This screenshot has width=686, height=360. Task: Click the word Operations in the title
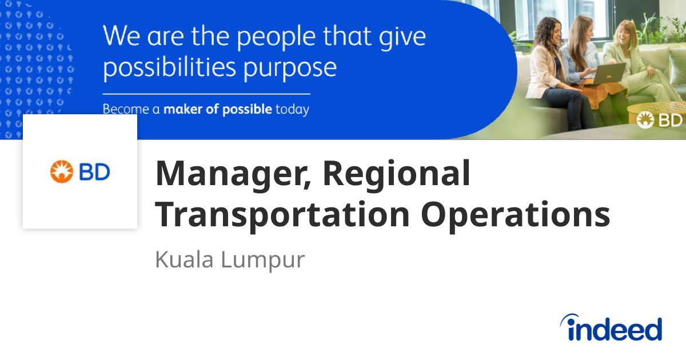pyautogui.click(x=516, y=215)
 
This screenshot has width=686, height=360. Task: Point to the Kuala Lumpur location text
pyautogui.click(x=230, y=259)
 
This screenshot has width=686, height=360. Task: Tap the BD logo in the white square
pyautogui.click(x=80, y=171)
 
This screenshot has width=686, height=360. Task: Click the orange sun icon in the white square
pyautogui.click(x=59, y=171)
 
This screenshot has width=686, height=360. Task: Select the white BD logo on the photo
pyautogui.click(x=660, y=120)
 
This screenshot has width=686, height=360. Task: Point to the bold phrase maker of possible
pyautogui.click(x=217, y=109)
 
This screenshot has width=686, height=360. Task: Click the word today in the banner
pyautogui.click(x=292, y=109)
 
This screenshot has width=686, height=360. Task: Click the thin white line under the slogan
pyautogui.click(x=206, y=94)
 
